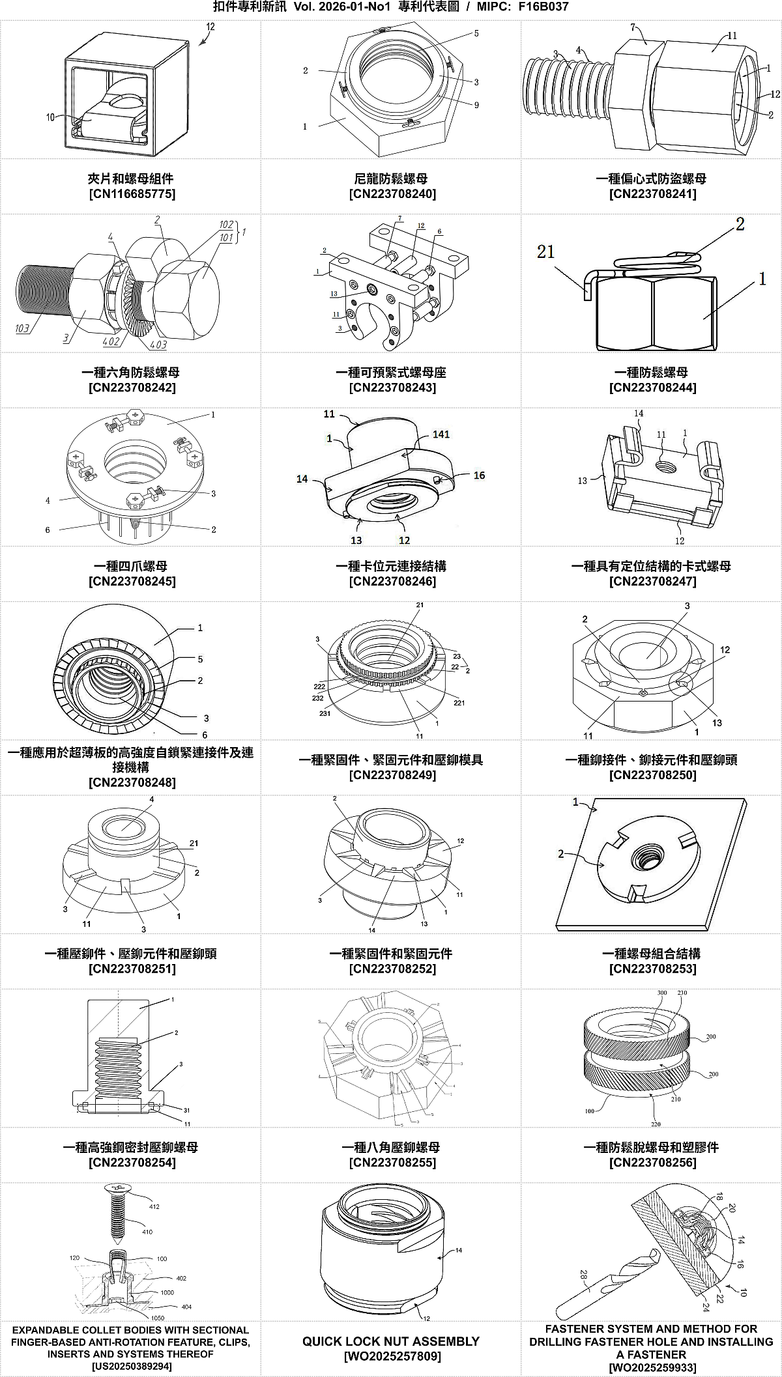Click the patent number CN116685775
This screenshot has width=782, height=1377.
[x=132, y=194]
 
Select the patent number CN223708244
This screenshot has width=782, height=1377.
[x=652, y=388]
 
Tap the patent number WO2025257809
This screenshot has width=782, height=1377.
[x=391, y=1357]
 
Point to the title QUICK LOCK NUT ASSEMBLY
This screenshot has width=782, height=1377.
[x=391, y=1342]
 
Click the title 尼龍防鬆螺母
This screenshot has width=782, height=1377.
[x=391, y=178]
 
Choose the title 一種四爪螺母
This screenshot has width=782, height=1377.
[x=132, y=567]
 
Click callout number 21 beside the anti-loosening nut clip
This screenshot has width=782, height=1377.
[x=545, y=252]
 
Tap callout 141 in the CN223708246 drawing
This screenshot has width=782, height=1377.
[x=441, y=434]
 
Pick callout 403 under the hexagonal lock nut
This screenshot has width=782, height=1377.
[x=158, y=345]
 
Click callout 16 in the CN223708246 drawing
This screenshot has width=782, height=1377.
[x=479, y=476]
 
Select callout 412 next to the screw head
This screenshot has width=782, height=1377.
[x=154, y=1207]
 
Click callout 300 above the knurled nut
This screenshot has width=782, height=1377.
[x=662, y=993]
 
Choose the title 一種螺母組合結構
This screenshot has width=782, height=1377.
[x=652, y=954]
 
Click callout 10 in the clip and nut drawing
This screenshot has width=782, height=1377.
[x=50, y=117]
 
